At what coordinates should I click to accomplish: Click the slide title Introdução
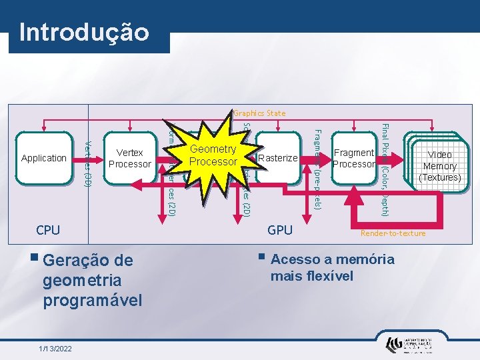point(84,33)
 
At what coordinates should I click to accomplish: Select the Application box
point(44,158)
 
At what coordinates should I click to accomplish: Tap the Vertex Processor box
point(130,159)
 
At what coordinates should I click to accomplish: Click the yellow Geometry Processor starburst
point(213,155)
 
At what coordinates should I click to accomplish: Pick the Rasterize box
point(277,158)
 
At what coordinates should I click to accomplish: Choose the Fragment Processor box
point(353,158)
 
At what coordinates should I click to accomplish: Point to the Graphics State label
point(259,113)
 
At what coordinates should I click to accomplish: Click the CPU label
point(48,231)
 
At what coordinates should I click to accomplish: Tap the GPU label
point(280,230)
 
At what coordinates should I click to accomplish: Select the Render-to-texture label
point(393,233)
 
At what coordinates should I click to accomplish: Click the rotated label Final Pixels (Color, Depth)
point(385,170)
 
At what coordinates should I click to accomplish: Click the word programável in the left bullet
point(93,300)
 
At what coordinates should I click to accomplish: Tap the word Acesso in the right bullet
point(296,259)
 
